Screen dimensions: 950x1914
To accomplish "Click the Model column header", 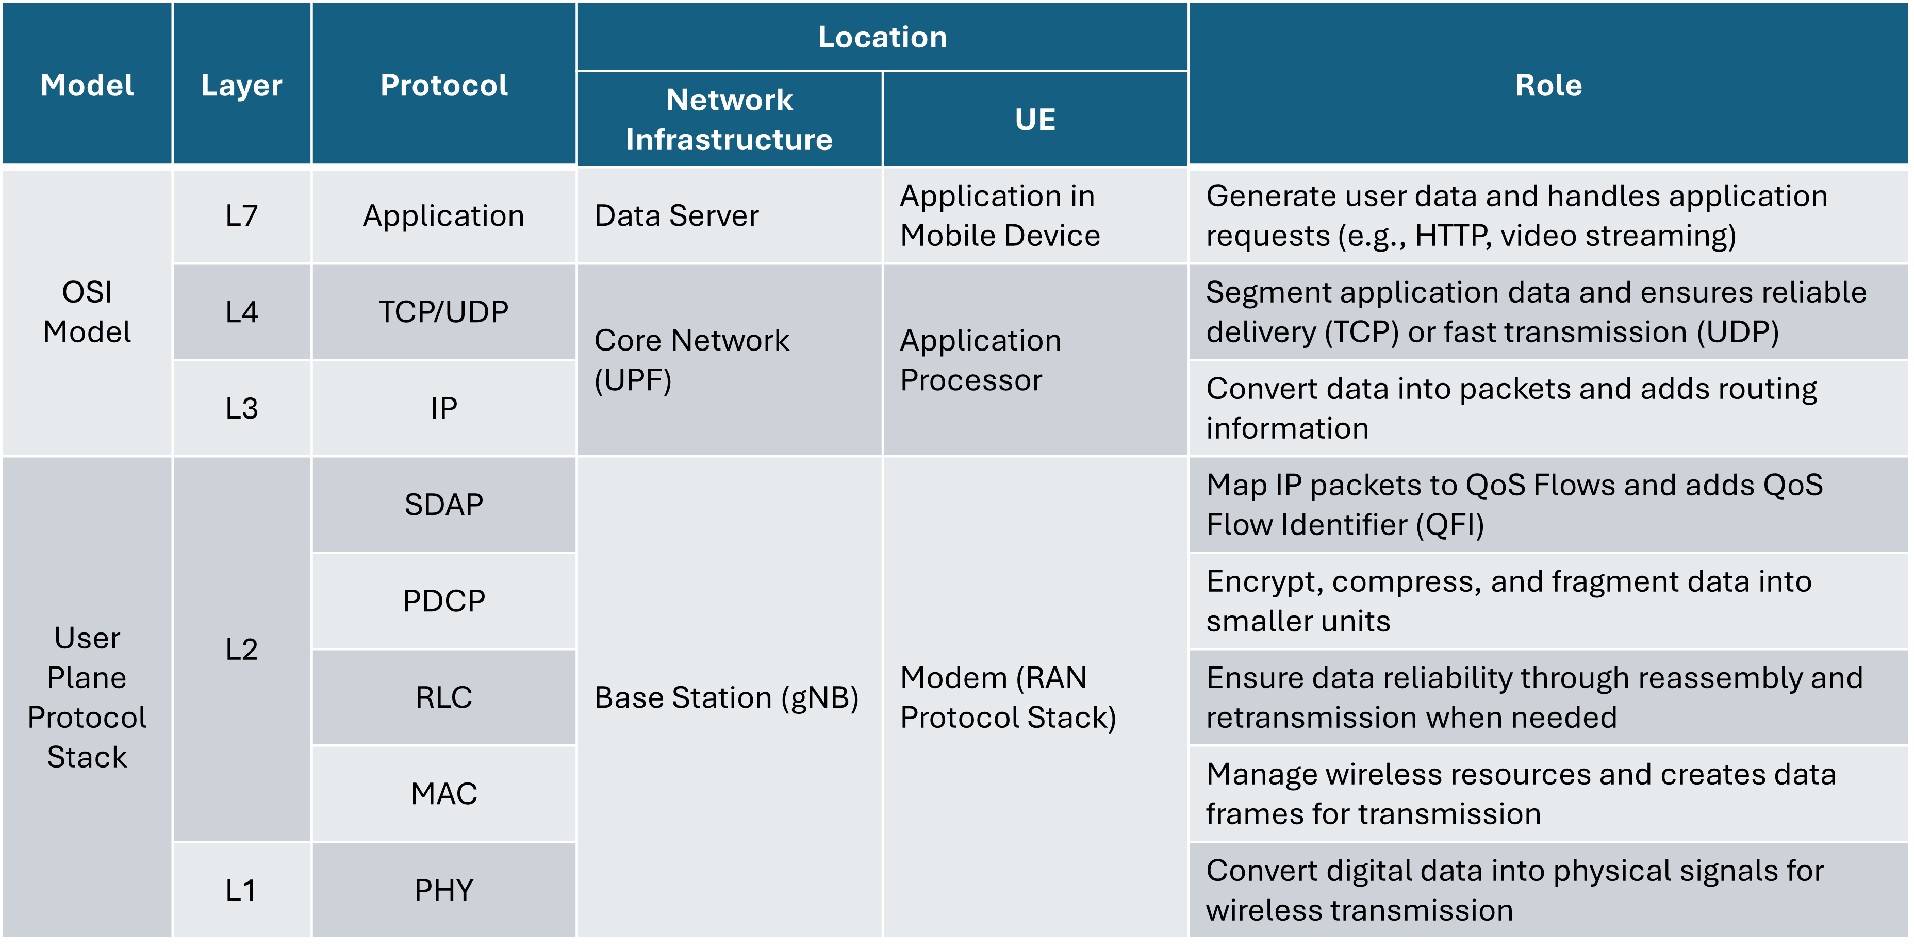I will coord(87,85).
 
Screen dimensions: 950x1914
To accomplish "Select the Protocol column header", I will coord(443,85).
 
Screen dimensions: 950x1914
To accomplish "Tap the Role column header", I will coord(1548,85).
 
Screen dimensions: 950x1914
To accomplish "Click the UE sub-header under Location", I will coord(1035,120).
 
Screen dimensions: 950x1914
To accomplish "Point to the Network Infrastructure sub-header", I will coord(729,120).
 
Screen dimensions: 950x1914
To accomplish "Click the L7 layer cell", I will coord(241,216).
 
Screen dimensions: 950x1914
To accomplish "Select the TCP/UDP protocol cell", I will coord(443,312).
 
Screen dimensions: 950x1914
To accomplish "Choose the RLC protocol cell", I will coord(443,697).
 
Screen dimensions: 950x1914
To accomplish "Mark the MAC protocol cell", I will coord(443,794).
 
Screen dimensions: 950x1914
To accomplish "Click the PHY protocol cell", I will coord(443,890).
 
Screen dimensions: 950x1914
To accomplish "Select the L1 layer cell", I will coord(241,890).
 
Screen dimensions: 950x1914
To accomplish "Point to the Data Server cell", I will coord(676,216).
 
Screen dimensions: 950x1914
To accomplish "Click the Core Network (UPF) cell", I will coord(691,360).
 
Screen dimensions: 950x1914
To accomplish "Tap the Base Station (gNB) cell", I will coord(726,697).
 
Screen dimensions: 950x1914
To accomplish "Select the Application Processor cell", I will coord(980,360).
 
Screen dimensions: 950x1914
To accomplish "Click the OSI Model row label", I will coord(87,312).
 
